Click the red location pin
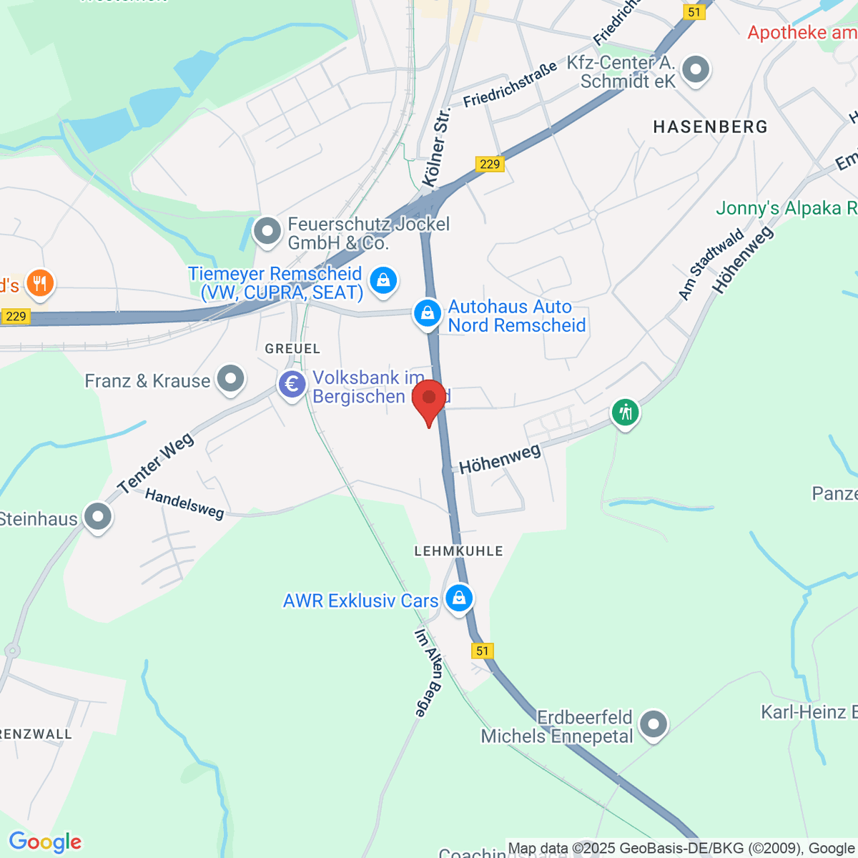(429, 400)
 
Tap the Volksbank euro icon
(292, 385)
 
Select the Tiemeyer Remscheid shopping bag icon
(384, 280)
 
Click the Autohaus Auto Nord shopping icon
(428, 313)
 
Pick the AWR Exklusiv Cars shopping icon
(459, 597)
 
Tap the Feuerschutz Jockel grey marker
(267, 231)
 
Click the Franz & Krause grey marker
(230, 379)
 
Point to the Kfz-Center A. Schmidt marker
(695, 70)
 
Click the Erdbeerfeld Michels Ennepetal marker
(653, 724)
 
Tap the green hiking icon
(626, 413)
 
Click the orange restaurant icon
(39, 284)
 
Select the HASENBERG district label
(710, 127)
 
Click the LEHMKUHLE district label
(458, 551)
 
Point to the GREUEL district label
(292, 349)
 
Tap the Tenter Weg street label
(156, 463)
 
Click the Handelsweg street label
(184, 503)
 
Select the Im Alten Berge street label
(429, 672)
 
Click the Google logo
(45, 842)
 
